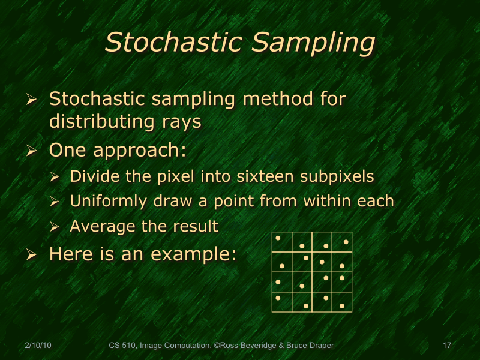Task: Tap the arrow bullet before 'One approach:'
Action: coord(32,151)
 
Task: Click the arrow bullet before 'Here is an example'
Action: coord(32,255)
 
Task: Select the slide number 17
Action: coord(446,346)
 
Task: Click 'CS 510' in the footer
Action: coord(122,346)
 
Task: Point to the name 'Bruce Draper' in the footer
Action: coord(312,346)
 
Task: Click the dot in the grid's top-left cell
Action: coord(278,238)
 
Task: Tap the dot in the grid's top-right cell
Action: coord(346,242)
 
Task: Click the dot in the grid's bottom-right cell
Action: coord(342,306)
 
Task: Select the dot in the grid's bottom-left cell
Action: coord(278,297)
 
